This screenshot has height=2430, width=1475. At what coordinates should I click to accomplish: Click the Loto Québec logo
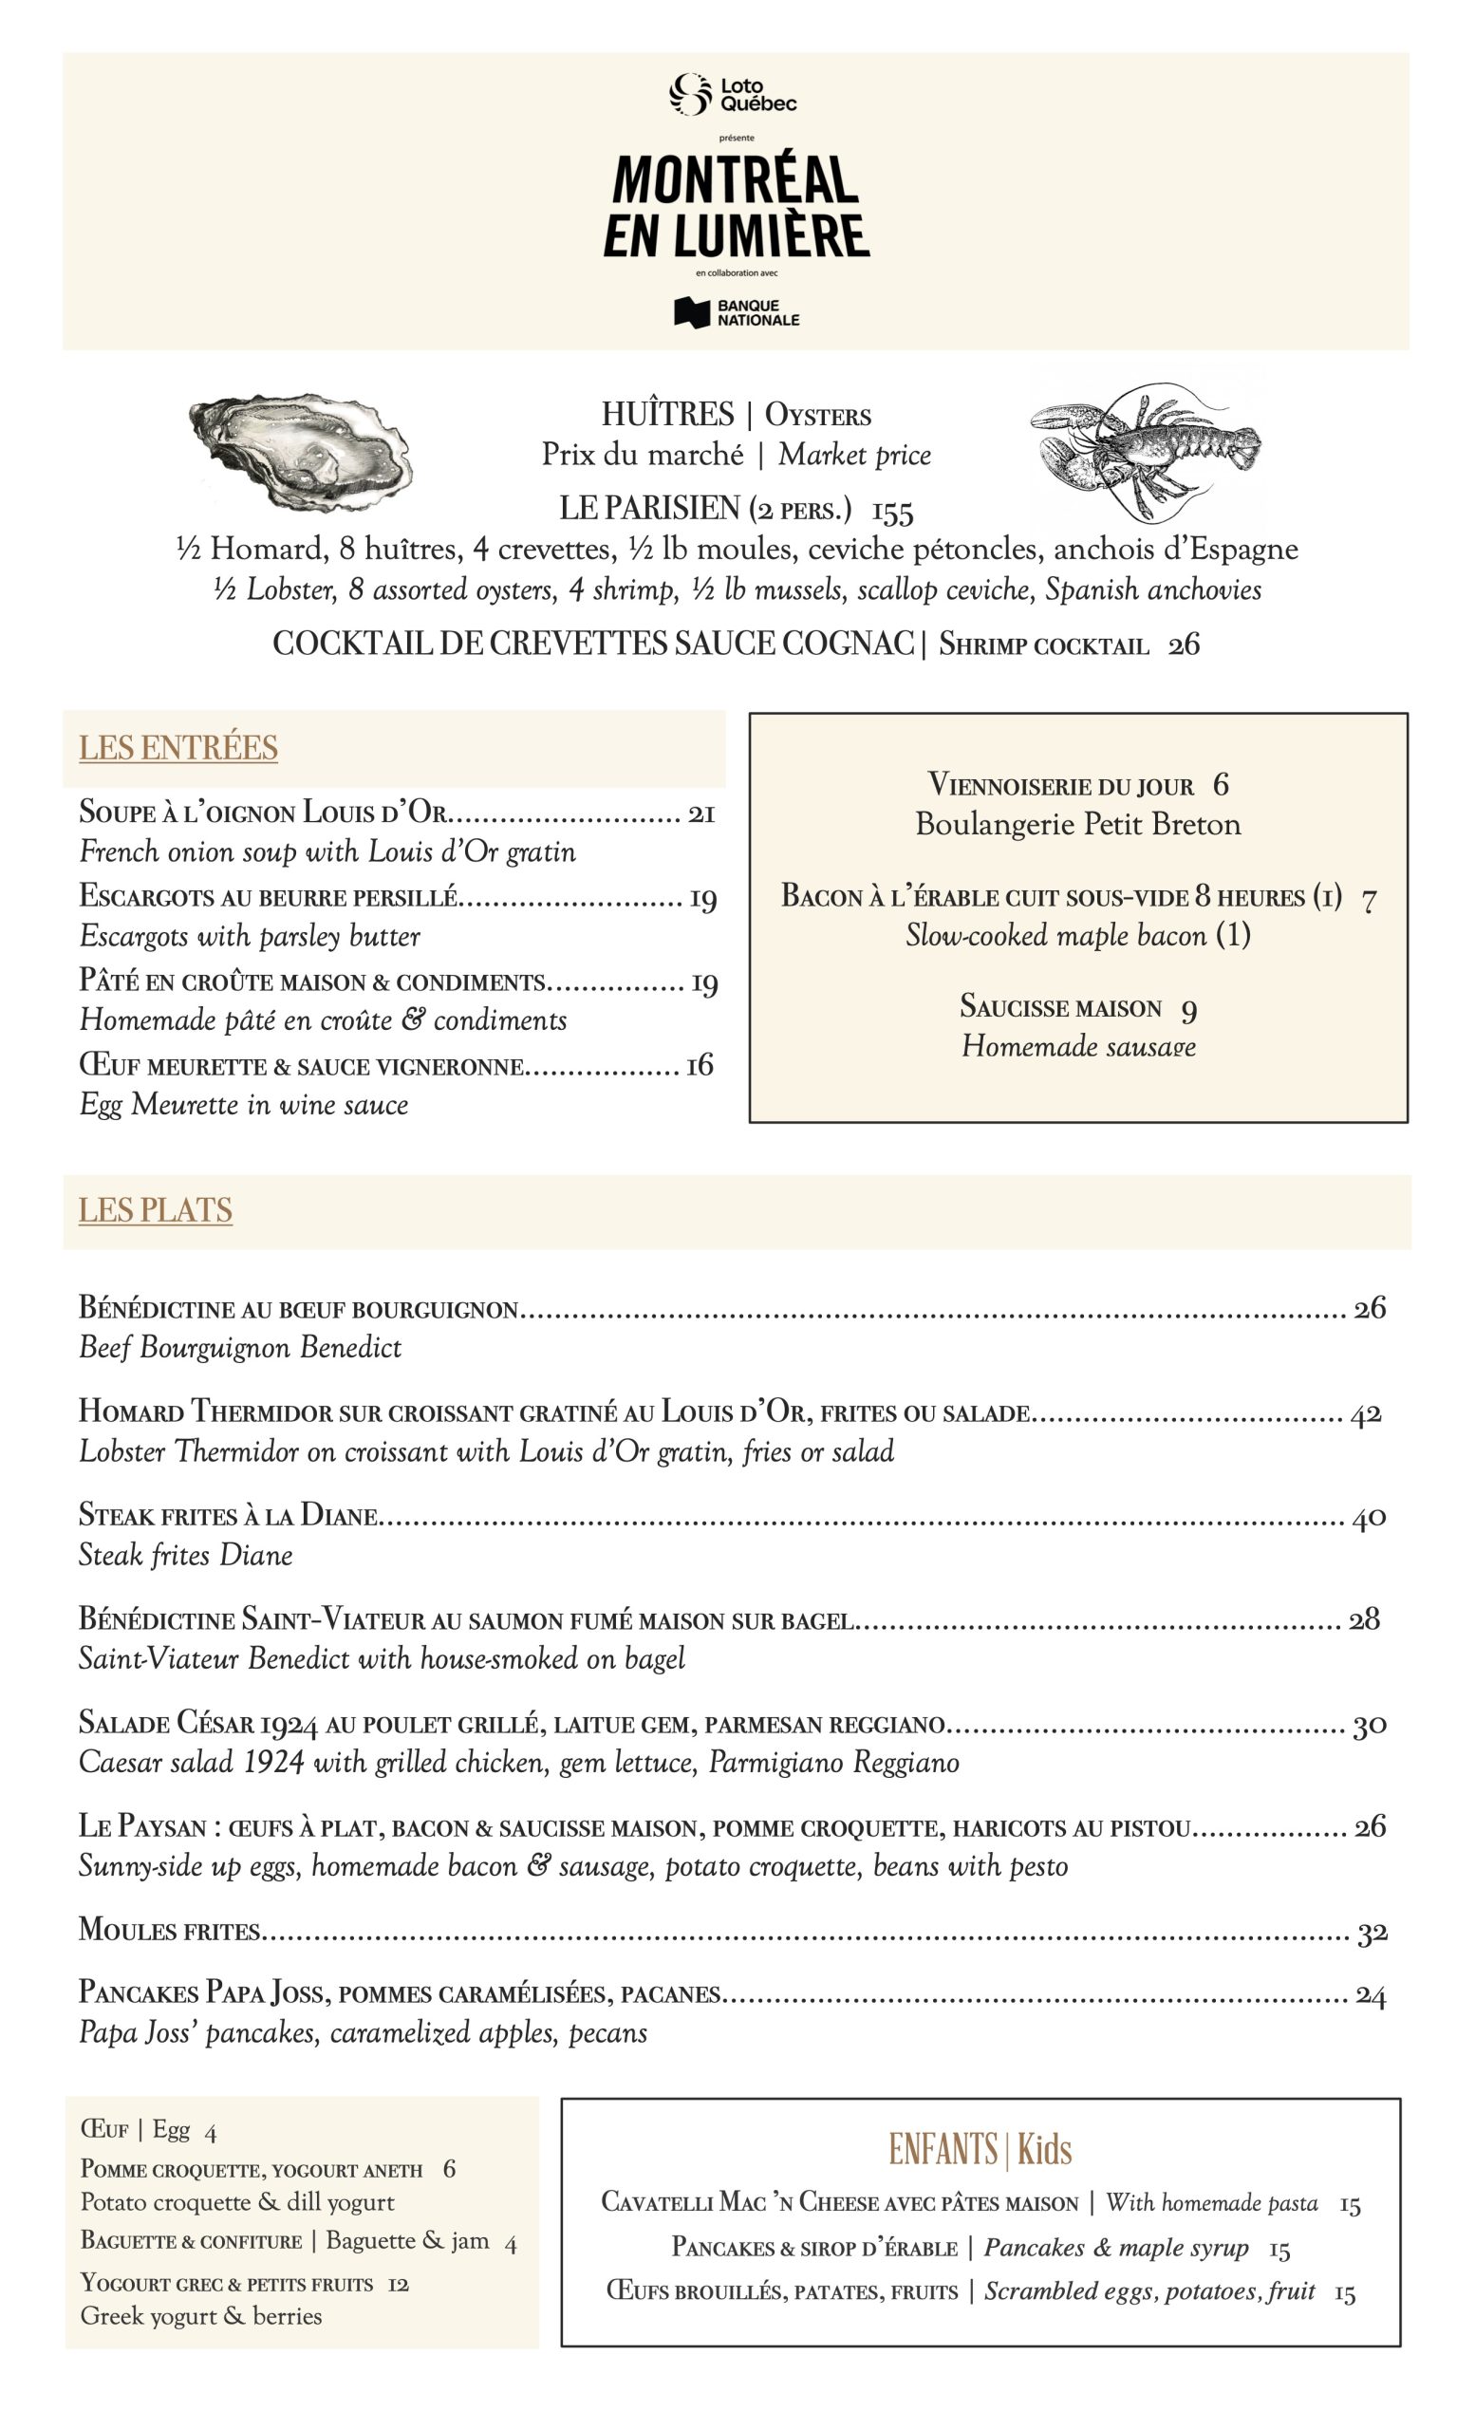point(734,94)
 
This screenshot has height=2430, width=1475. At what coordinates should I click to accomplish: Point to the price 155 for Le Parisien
point(892,511)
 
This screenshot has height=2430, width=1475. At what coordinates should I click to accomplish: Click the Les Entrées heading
point(178,748)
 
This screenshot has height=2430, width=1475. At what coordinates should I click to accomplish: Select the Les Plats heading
point(156,1210)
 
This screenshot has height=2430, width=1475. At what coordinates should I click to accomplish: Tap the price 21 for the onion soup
point(701,813)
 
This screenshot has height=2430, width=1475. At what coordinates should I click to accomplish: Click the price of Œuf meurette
point(699,1066)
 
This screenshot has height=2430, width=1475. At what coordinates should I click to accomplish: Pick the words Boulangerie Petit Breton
point(1077,825)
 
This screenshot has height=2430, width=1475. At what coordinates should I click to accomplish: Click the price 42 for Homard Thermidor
point(1366,1414)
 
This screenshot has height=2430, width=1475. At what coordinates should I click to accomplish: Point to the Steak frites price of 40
point(1369,1518)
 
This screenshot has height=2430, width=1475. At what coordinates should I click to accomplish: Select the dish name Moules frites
point(170,1930)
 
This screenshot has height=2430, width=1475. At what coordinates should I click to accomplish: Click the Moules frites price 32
point(1372,1933)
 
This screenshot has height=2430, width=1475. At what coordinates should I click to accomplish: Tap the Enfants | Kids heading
point(980,2149)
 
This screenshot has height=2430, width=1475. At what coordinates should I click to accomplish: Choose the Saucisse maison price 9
point(1189,1009)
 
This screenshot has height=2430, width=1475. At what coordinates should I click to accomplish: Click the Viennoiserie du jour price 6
point(1221,785)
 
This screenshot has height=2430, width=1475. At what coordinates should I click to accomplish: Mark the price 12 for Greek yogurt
point(399,2284)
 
